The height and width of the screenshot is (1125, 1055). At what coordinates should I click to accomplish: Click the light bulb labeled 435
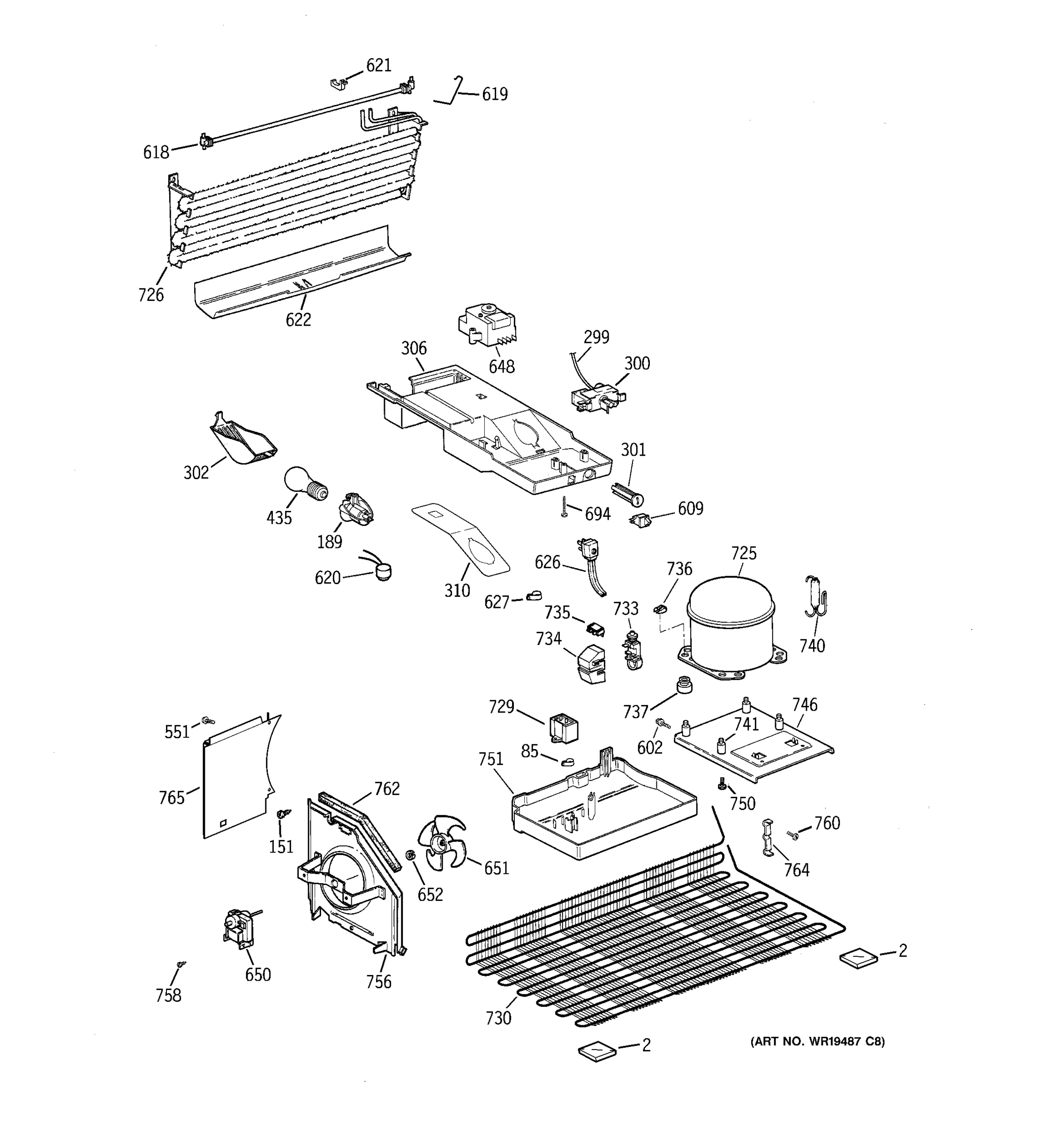tap(304, 484)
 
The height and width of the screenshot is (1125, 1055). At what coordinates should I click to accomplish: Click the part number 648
tap(501, 367)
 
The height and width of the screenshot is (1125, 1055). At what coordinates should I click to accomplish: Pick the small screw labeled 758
tap(181, 963)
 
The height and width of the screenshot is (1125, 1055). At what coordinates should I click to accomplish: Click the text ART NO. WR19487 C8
tap(817, 1041)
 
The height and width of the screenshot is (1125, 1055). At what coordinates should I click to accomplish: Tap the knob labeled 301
tap(627, 494)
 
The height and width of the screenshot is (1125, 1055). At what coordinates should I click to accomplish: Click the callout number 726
tap(151, 295)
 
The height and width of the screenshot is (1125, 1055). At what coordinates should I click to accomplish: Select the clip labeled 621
tap(338, 84)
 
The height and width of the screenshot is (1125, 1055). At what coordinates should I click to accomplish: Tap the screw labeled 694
tap(564, 506)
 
